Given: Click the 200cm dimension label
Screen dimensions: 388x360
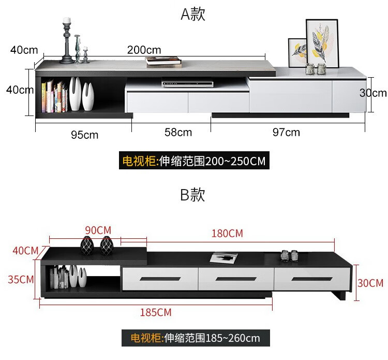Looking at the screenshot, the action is tap(144, 50).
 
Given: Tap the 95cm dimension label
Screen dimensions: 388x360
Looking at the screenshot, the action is tap(85, 135).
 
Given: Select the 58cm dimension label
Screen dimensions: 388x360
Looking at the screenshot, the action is tap(178, 132).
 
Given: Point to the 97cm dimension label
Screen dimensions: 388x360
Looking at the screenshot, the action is tap(286, 132).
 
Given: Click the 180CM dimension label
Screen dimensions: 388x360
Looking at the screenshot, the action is tap(227, 234).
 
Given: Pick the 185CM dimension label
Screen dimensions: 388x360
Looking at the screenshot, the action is tap(156, 312).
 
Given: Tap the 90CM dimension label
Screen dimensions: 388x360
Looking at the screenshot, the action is tap(98, 231).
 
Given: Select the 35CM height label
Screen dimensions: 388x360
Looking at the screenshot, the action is tap(21, 280).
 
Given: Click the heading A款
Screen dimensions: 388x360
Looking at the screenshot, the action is tap(193, 14).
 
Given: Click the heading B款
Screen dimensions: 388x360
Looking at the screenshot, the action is tap(192, 194).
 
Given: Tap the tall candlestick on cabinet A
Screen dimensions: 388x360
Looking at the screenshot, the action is tap(67, 41).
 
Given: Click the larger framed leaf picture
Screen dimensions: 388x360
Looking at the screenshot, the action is tap(322, 44).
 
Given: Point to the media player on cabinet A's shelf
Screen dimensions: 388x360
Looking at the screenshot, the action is tap(187, 83).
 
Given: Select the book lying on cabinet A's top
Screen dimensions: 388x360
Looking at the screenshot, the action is tap(163, 62).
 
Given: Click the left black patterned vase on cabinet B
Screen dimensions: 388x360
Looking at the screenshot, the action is tap(87, 246).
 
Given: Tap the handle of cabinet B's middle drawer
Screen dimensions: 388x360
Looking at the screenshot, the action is tap(236, 279).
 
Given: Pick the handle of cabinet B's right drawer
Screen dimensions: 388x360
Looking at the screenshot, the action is tap(312, 279).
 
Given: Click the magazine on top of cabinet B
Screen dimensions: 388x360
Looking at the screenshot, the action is tap(223, 258).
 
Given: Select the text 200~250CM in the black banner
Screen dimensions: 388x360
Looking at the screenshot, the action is tap(235, 161).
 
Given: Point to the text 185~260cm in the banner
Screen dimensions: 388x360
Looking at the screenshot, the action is tap(233, 338).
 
